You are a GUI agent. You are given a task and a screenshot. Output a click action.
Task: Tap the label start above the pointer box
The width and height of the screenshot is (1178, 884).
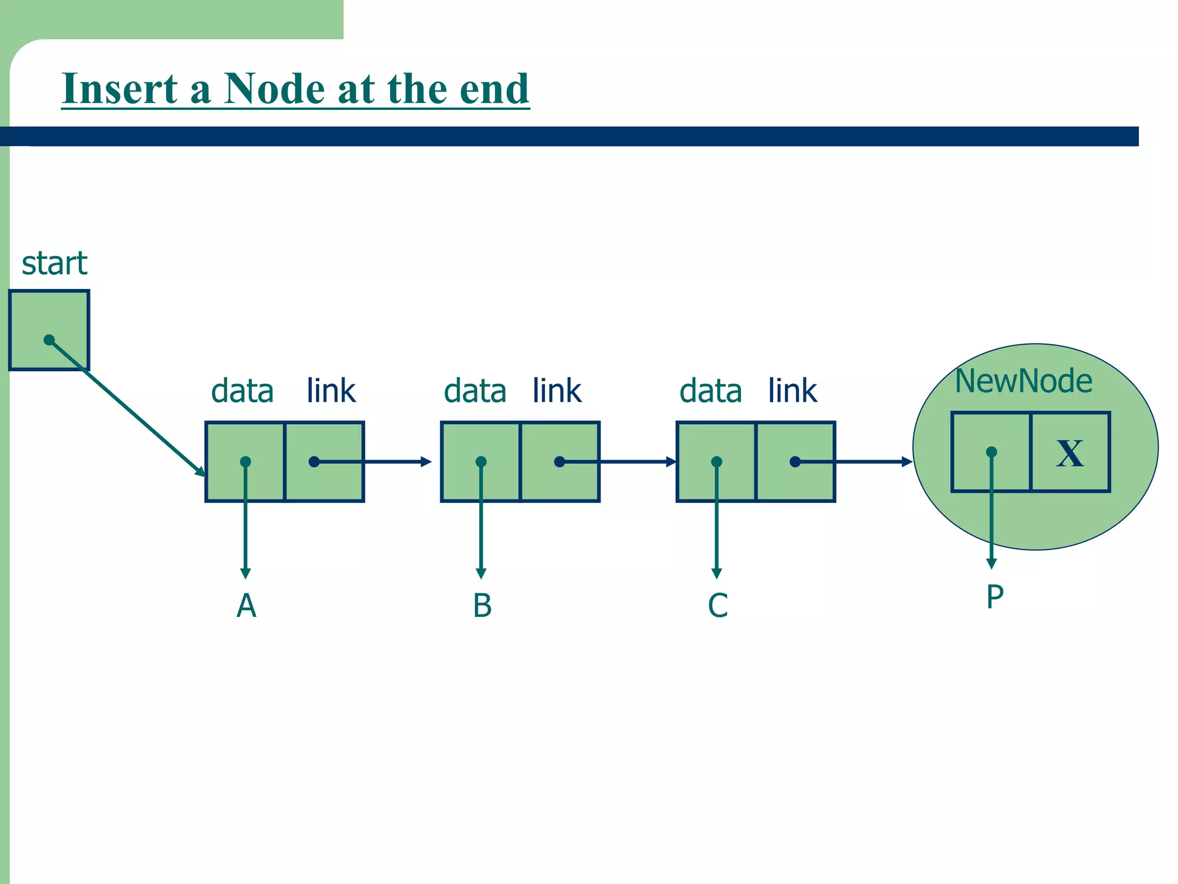tap(54, 264)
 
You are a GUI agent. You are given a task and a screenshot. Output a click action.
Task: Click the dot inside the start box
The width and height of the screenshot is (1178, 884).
tap(49, 340)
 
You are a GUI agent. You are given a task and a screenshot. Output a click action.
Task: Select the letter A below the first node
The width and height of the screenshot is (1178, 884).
tap(246, 605)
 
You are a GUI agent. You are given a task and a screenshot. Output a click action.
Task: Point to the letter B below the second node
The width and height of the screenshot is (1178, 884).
tap(482, 605)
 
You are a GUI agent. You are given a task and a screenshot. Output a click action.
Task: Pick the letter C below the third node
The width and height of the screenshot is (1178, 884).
tap(717, 605)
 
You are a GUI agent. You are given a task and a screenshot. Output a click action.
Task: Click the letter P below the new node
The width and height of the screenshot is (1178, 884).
tap(995, 597)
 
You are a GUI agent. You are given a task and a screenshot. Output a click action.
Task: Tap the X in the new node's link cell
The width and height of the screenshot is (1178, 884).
tap(1070, 453)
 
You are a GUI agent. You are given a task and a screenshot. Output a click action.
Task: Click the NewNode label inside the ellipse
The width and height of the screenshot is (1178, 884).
tap(1023, 381)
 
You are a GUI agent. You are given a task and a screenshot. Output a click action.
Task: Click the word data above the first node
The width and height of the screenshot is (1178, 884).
tap(242, 391)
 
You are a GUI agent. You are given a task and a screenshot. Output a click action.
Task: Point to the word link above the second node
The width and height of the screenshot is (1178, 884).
tap(557, 391)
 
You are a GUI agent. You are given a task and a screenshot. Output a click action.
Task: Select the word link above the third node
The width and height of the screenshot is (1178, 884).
tap(792, 391)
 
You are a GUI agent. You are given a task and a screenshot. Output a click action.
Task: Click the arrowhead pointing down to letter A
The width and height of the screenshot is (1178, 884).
tap(246, 573)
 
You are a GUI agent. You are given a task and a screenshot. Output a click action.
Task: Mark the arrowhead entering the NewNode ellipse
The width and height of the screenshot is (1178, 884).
tap(907, 462)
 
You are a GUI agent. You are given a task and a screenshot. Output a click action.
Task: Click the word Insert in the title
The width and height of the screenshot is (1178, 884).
tap(120, 89)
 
